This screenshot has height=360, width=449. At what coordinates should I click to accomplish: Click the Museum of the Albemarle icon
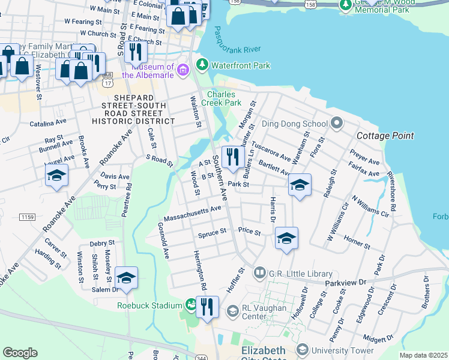[183, 74]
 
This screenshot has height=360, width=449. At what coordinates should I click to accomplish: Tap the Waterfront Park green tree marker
[202, 65]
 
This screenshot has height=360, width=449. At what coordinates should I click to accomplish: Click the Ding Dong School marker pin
[336, 124]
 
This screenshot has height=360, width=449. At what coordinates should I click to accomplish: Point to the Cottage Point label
[385, 136]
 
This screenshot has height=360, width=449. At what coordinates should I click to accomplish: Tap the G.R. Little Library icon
[259, 273]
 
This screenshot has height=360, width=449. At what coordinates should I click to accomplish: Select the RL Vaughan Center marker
[232, 311]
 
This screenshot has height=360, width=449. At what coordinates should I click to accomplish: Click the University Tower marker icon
[303, 350]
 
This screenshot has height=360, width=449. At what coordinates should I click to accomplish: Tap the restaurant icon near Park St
[231, 157]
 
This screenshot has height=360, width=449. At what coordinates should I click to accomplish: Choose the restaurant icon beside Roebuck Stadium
[208, 308]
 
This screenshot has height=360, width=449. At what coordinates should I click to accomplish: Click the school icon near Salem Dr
[126, 277]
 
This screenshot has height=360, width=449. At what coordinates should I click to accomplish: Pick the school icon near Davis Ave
[56, 175]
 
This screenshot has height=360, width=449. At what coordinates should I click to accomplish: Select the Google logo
[20, 352]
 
